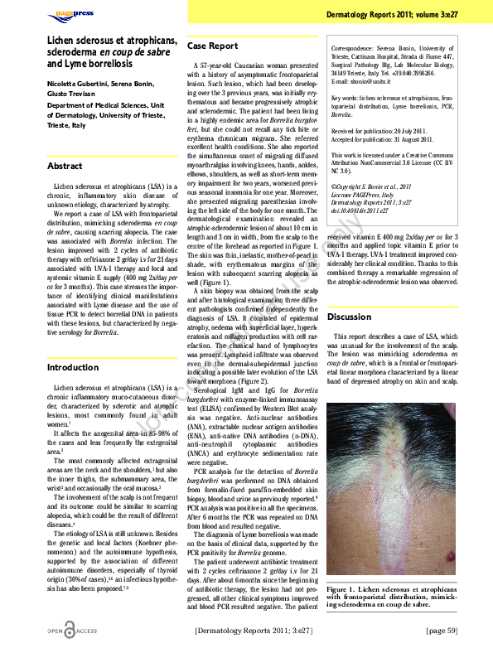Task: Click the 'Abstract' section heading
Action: click(65, 166)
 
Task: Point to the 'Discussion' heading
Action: click(349, 317)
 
